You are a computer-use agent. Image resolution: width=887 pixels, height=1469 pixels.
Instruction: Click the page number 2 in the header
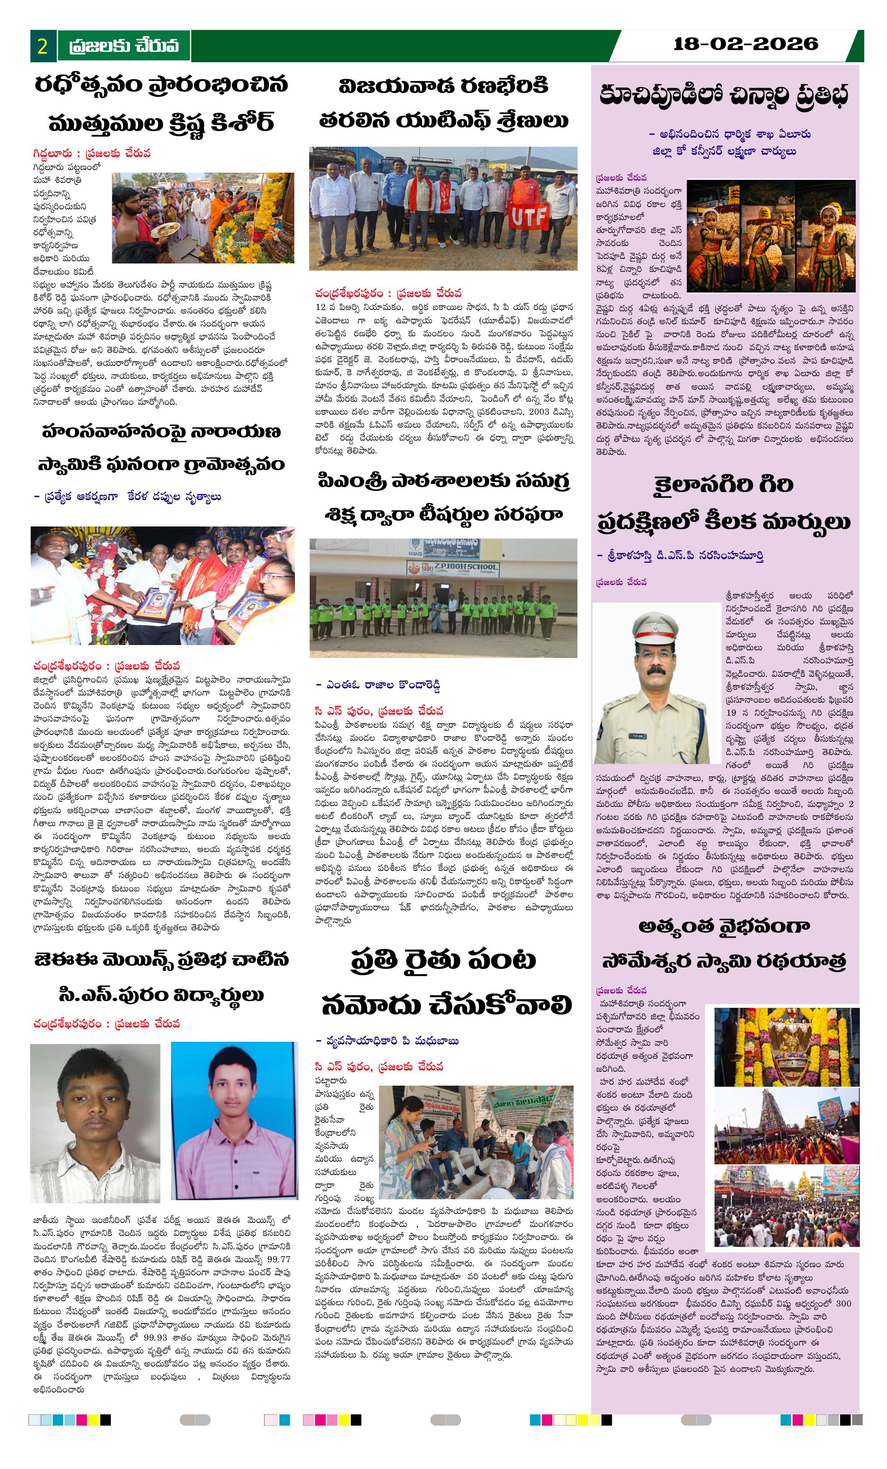tap(43, 46)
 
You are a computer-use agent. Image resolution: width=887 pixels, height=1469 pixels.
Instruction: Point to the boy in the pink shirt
tap(234, 1120)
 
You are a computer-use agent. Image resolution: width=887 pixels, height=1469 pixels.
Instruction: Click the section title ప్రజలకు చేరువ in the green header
tap(124, 46)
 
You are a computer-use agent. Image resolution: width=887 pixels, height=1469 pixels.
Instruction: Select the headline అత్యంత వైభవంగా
tap(724, 926)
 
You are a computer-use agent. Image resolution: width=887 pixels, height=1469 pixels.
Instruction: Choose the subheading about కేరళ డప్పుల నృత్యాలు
tap(127, 497)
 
